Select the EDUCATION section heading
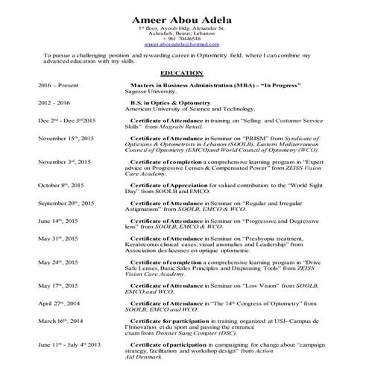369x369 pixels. point(182,72)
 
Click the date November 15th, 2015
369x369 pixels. point(66,138)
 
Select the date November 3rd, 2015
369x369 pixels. point(64,162)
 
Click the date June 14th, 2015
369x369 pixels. point(59,221)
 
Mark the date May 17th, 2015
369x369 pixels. point(58,286)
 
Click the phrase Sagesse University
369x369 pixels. point(156,92)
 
